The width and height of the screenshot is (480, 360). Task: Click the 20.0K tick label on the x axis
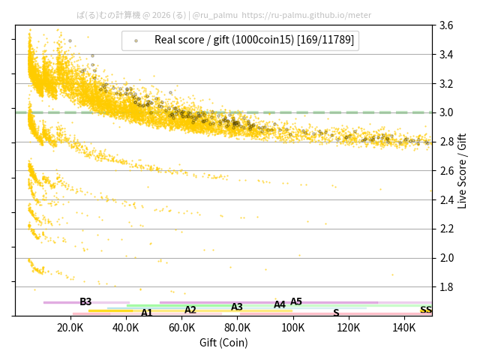[70, 328]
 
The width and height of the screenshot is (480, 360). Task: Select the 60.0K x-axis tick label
[181, 328]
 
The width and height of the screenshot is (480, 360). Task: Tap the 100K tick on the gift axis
[293, 328]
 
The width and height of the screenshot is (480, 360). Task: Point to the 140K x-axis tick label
[404, 328]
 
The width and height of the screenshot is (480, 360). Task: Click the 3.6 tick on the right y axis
[445, 25]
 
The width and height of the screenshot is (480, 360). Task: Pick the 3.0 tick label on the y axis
[445, 112]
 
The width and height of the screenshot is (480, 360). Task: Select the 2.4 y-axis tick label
[445, 199]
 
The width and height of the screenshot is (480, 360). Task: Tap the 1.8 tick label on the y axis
[445, 286]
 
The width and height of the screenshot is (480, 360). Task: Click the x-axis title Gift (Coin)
[223, 343]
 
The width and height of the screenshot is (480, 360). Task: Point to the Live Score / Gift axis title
[463, 170]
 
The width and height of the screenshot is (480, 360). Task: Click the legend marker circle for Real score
[136, 40]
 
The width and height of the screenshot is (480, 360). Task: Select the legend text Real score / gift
[254, 40]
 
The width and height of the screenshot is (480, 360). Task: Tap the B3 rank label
[85, 301]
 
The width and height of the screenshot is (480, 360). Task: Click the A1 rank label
[147, 313]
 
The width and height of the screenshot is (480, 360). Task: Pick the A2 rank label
[190, 310]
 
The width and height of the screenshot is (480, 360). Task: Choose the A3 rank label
[237, 307]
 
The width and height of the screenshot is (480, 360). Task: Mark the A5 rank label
[296, 301]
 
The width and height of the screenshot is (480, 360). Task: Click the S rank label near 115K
[336, 313]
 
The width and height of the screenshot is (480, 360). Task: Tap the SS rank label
[425, 310]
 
